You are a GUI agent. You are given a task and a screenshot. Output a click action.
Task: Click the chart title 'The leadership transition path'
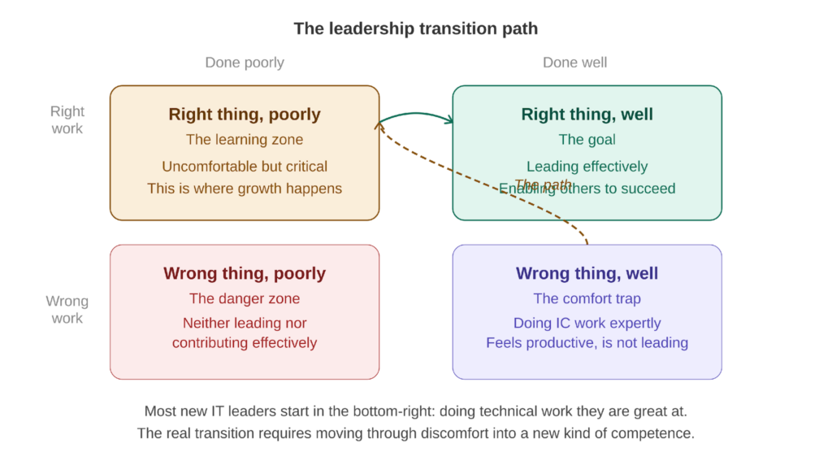click(x=415, y=28)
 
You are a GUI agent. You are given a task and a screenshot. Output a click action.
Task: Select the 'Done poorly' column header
click(x=245, y=63)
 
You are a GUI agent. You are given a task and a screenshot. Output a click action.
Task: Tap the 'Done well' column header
click(x=574, y=63)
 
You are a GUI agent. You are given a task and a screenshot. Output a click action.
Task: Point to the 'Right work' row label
click(x=67, y=120)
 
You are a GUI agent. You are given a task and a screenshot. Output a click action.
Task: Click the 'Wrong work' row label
click(x=67, y=310)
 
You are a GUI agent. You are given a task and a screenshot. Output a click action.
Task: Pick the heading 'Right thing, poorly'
click(x=245, y=115)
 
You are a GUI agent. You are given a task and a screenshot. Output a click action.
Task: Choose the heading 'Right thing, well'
click(x=587, y=115)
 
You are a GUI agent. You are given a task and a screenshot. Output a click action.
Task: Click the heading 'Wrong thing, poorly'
click(x=245, y=274)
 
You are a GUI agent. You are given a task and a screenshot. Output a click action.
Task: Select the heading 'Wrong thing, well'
click(x=587, y=274)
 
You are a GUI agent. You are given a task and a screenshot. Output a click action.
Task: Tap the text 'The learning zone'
click(x=245, y=139)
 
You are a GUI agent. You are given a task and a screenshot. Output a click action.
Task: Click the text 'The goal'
click(x=587, y=139)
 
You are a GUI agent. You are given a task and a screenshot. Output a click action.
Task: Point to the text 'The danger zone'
click(x=245, y=298)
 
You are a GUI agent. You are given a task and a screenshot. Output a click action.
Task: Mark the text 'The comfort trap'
click(x=587, y=298)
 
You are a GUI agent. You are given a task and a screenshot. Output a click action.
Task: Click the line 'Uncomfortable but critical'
click(x=245, y=167)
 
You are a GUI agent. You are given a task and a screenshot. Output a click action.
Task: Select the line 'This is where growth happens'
click(x=245, y=189)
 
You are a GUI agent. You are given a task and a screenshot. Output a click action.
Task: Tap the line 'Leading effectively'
click(x=587, y=167)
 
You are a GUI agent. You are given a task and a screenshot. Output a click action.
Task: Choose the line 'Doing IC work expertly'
click(x=587, y=323)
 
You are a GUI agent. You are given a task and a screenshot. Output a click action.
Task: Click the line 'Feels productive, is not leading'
click(x=587, y=343)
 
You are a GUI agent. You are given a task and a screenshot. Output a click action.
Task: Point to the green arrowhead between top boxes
click(x=448, y=121)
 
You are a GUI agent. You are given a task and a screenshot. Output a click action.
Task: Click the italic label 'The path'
click(x=543, y=185)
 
